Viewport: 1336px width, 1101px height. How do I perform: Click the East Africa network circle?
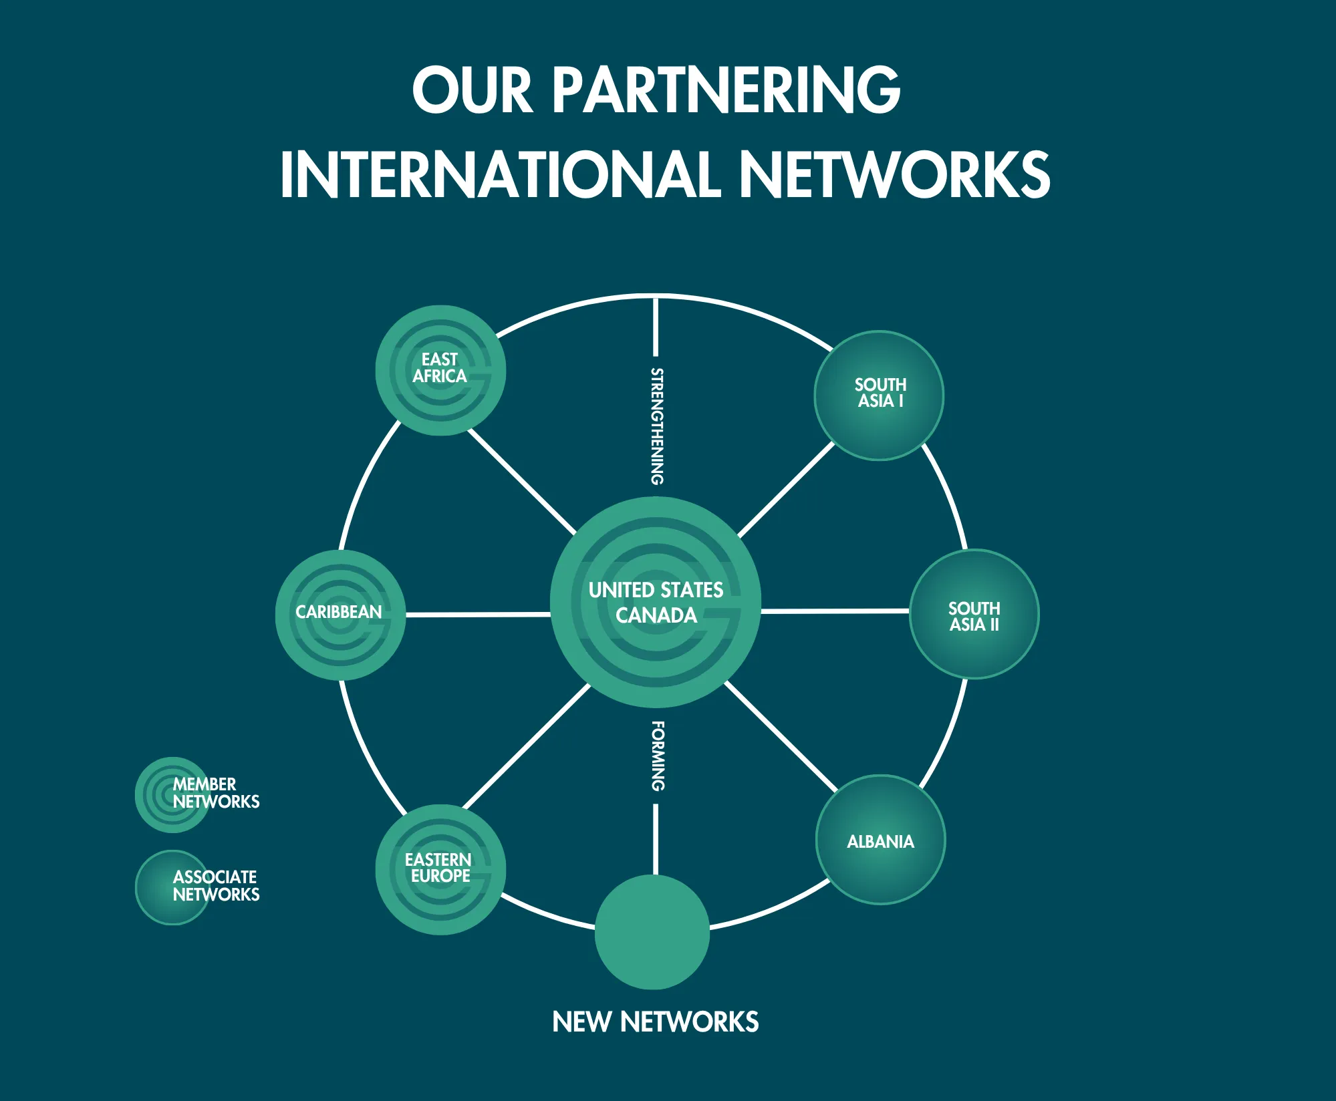440,371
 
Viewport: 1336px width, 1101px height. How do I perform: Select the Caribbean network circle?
340,615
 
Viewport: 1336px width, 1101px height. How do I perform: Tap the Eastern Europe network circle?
440,870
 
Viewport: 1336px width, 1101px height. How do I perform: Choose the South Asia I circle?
879,396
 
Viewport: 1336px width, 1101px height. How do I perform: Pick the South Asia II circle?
974,614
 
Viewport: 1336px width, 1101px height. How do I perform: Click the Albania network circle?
881,840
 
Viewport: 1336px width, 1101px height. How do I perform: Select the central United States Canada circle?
656,602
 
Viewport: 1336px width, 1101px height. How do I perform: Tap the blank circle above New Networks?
652,932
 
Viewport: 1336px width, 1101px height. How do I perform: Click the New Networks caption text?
656,1022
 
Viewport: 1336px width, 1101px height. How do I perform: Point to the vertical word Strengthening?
658,426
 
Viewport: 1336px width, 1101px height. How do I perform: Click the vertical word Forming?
658,756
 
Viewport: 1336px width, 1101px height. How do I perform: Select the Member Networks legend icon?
172,795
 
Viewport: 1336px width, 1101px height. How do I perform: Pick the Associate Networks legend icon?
172,887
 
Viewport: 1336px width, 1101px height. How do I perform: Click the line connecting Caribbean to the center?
478,615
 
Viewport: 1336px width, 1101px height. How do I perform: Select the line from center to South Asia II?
835,611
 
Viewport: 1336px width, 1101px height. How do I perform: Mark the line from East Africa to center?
522,482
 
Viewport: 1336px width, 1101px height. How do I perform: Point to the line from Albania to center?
781,737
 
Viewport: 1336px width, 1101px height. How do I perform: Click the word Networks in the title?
895,174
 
